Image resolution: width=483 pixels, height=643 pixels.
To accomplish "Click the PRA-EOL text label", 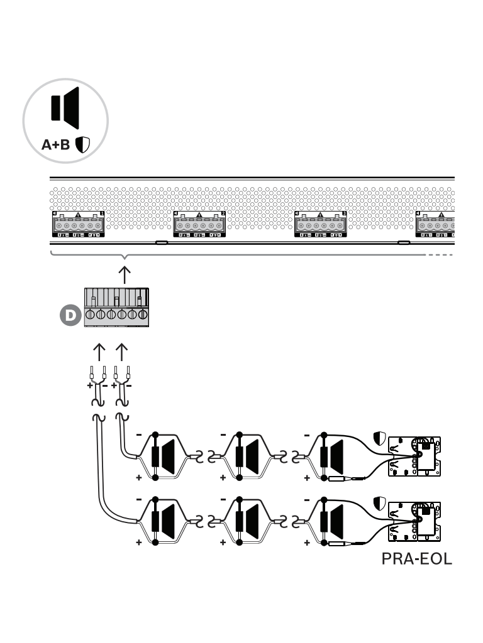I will [416, 559].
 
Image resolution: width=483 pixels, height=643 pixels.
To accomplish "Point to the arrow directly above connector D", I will [125, 274].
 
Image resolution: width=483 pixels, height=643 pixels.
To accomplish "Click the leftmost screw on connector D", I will [90, 315].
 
